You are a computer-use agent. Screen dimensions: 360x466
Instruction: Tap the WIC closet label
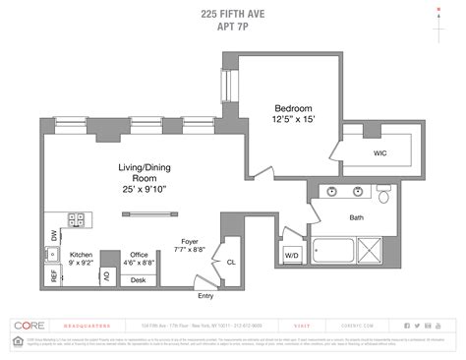coord(379,153)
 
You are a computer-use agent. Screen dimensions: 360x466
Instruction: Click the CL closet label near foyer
coord(231,263)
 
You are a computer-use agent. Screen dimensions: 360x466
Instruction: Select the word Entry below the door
coord(204,295)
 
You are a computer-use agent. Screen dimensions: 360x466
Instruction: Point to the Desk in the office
coord(138,280)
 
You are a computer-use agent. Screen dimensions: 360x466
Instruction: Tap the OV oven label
coord(105,277)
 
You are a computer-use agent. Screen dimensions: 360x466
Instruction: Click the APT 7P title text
coord(232,29)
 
